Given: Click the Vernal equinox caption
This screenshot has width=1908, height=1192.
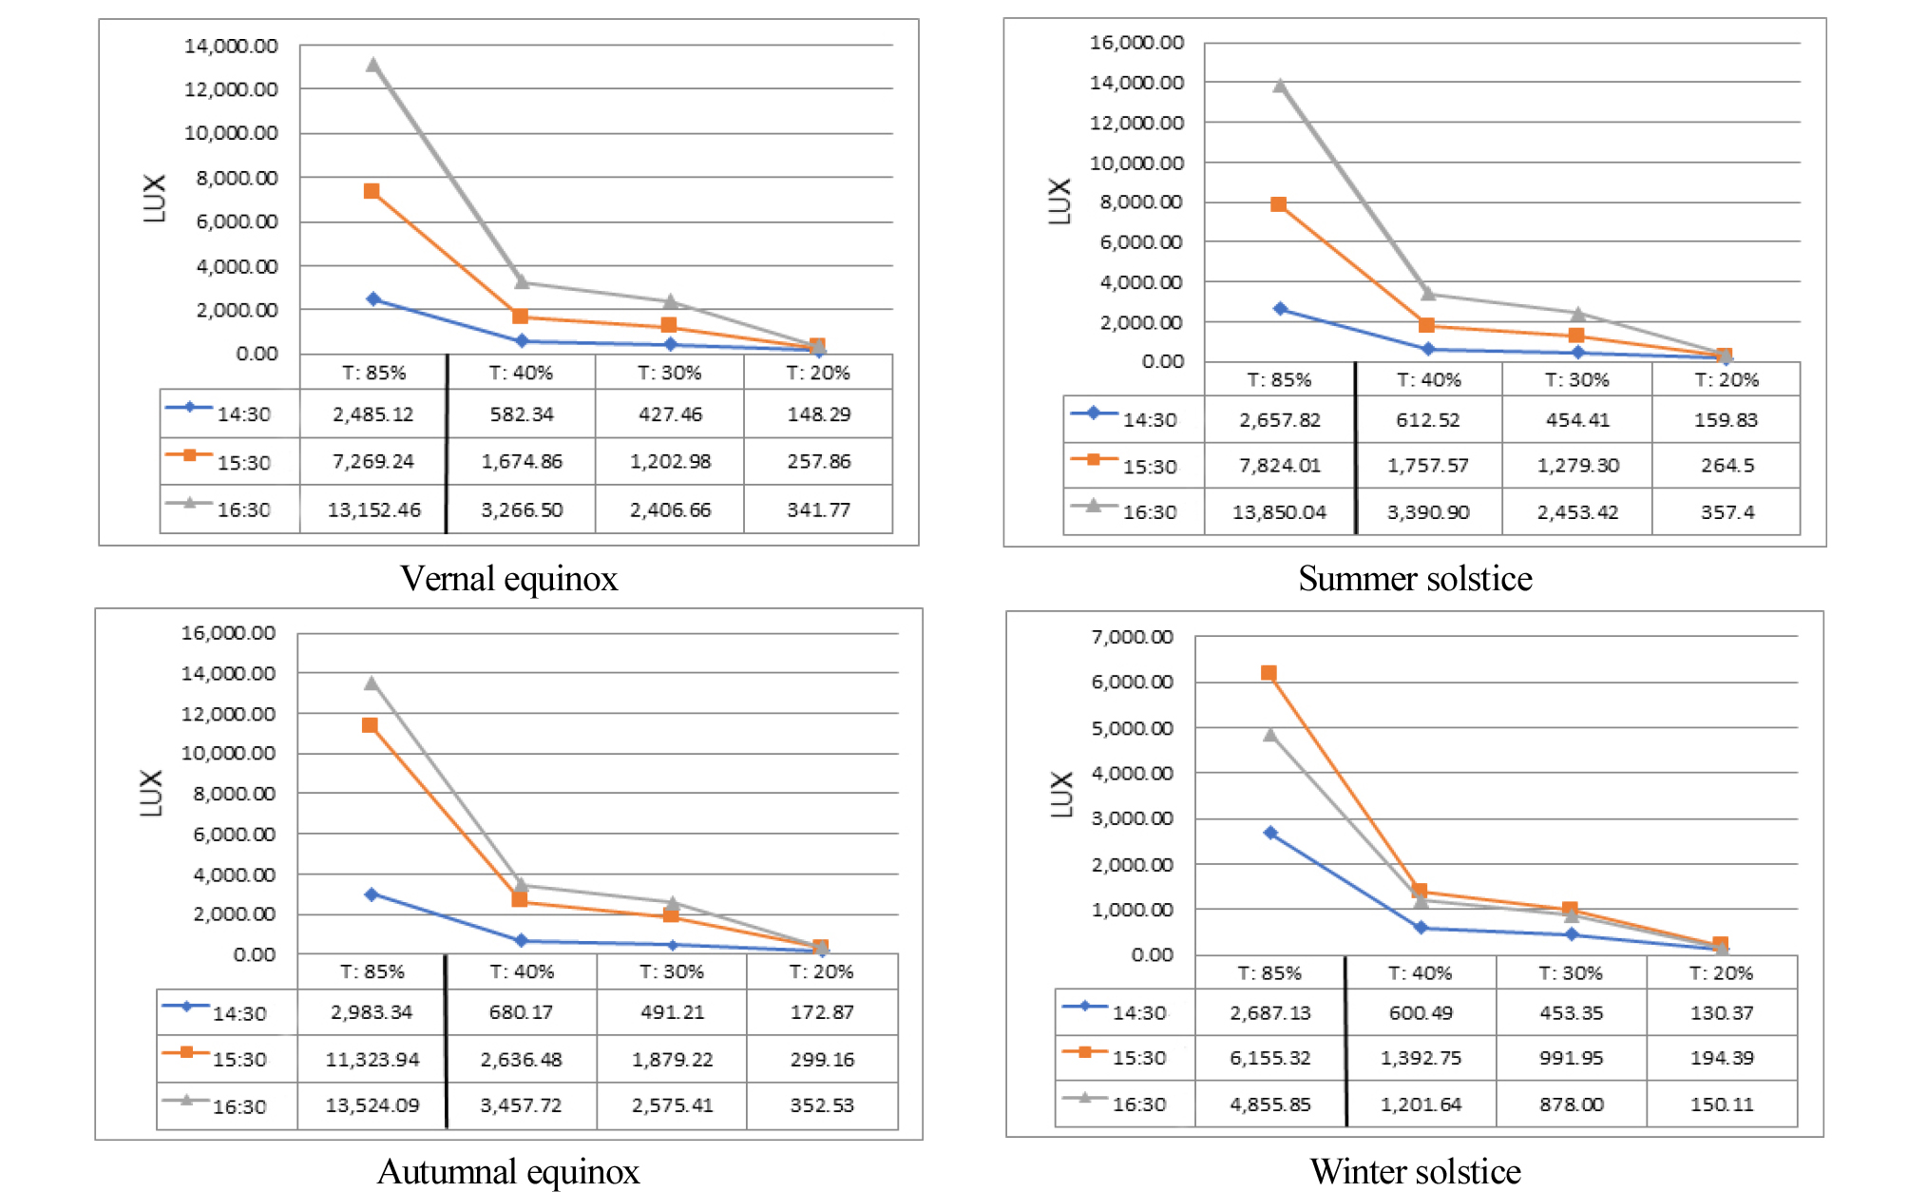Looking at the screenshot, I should coord(508,578).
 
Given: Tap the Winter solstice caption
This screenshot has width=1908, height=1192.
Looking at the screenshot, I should coord(1415,1170).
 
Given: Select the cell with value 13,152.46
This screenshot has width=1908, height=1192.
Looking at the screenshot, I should coord(373,509).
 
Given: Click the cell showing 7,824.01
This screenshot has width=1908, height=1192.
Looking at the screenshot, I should coord(1279,465).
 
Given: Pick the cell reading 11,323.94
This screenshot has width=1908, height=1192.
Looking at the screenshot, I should coord(372,1059).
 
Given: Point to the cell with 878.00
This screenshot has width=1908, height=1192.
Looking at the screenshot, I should coord(1571,1104).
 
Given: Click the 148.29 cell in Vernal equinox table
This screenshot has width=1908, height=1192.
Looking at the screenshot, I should coord(818,413).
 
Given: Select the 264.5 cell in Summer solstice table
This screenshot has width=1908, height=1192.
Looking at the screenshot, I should coord(1727,465).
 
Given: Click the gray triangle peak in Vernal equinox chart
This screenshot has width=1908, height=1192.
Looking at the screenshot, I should coord(372,66).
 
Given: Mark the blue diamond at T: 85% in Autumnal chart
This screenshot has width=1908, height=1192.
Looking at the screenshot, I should coord(372,894).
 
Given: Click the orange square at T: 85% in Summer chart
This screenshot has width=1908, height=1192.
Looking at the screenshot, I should coord(1279,204).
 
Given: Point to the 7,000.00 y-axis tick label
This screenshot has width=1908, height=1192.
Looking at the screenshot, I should coord(1132,637).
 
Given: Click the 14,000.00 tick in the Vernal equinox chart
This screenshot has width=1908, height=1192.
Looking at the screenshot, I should coord(231,46).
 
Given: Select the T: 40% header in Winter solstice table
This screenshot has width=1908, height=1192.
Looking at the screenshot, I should coord(1420,972).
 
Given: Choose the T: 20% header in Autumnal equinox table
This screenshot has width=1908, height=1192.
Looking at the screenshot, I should coord(821,971).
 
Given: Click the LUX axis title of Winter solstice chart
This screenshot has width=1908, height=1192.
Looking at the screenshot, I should coord(1061,794).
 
